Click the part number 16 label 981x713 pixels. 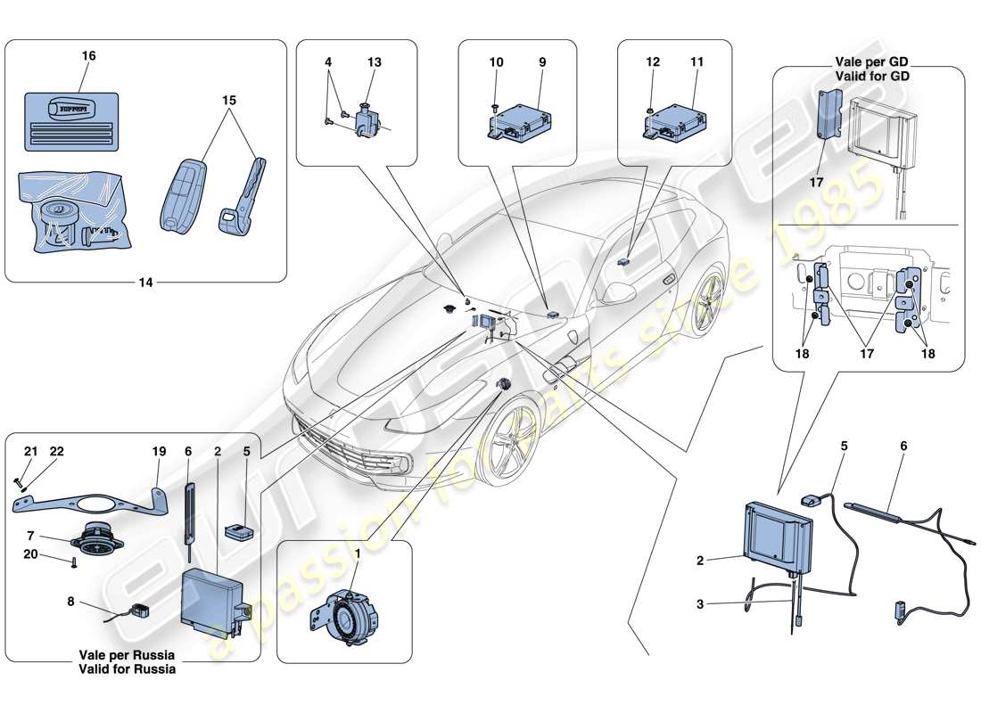pos(88,56)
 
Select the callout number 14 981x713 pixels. pos(145,283)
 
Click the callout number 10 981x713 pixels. pos(497,62)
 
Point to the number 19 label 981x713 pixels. pos(158,452)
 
